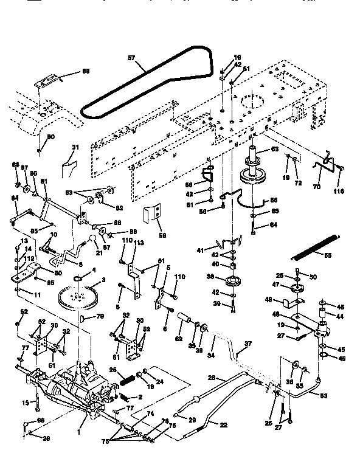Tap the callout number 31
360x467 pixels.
[x=76, y=147]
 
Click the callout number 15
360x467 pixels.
[x=25, y=403]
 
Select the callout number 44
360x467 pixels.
[x=340, y=317]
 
